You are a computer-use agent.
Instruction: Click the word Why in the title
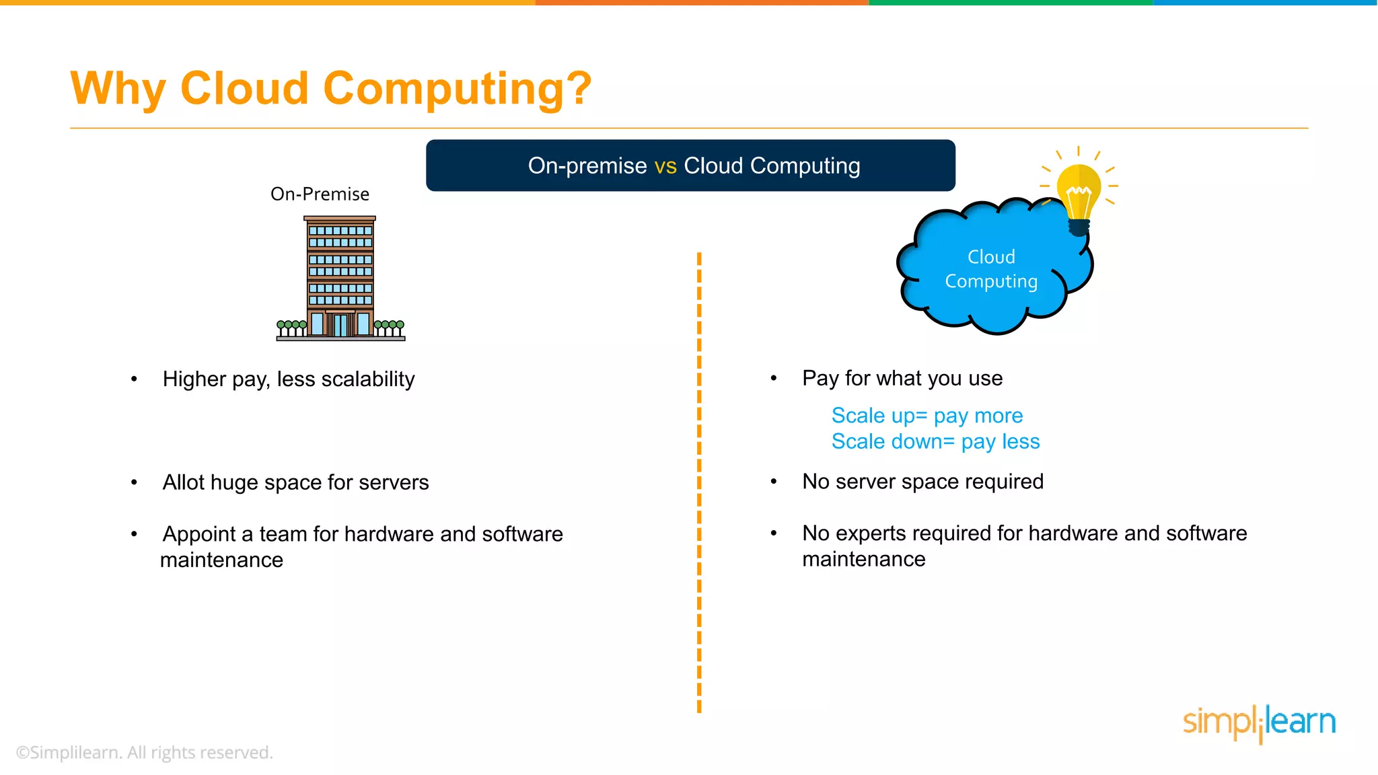pos(118,89)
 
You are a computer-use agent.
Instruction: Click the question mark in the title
pos(578,88)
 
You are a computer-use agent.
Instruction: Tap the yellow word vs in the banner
pos(665,165)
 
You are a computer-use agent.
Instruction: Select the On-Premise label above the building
pos(320,194)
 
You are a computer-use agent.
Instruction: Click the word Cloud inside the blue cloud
pos(991,257)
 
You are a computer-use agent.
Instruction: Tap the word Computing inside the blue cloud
pos(991,281)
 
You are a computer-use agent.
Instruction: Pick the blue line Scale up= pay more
pos(927,416)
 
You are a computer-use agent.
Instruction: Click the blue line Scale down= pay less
pos(935,442)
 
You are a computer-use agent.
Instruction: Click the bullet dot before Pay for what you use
pos(774,379)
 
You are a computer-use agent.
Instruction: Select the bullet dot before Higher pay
pos(134,379)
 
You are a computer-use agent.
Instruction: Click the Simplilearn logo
pos(1259,723)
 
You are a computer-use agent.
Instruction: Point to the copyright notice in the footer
pos(144,753)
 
